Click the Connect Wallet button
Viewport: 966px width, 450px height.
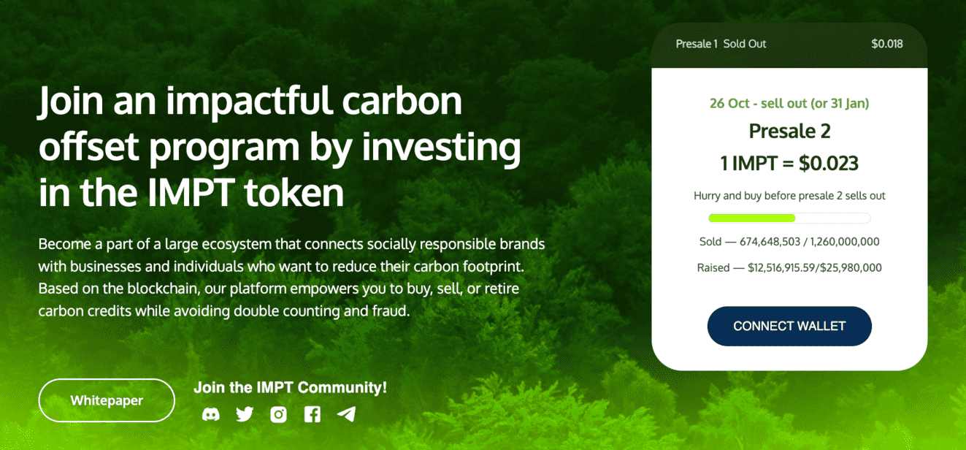789,326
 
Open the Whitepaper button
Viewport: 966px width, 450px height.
107,400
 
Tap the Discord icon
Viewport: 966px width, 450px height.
211,415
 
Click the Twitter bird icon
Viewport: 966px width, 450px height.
245,414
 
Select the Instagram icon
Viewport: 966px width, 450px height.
279,415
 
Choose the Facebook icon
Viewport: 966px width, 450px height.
313,415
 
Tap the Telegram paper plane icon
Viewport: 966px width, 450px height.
346,414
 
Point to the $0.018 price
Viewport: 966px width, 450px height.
886,44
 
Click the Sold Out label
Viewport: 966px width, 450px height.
745,44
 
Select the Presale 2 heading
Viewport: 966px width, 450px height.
789,131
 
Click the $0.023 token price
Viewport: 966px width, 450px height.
829,163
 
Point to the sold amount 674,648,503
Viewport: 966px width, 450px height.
770,242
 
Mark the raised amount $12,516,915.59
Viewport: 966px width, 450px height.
781,268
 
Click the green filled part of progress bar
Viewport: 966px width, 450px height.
751,218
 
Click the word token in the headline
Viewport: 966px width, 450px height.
294,192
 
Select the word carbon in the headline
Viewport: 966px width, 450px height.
402,101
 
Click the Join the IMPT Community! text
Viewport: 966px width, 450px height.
290,387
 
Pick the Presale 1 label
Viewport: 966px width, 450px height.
697,44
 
